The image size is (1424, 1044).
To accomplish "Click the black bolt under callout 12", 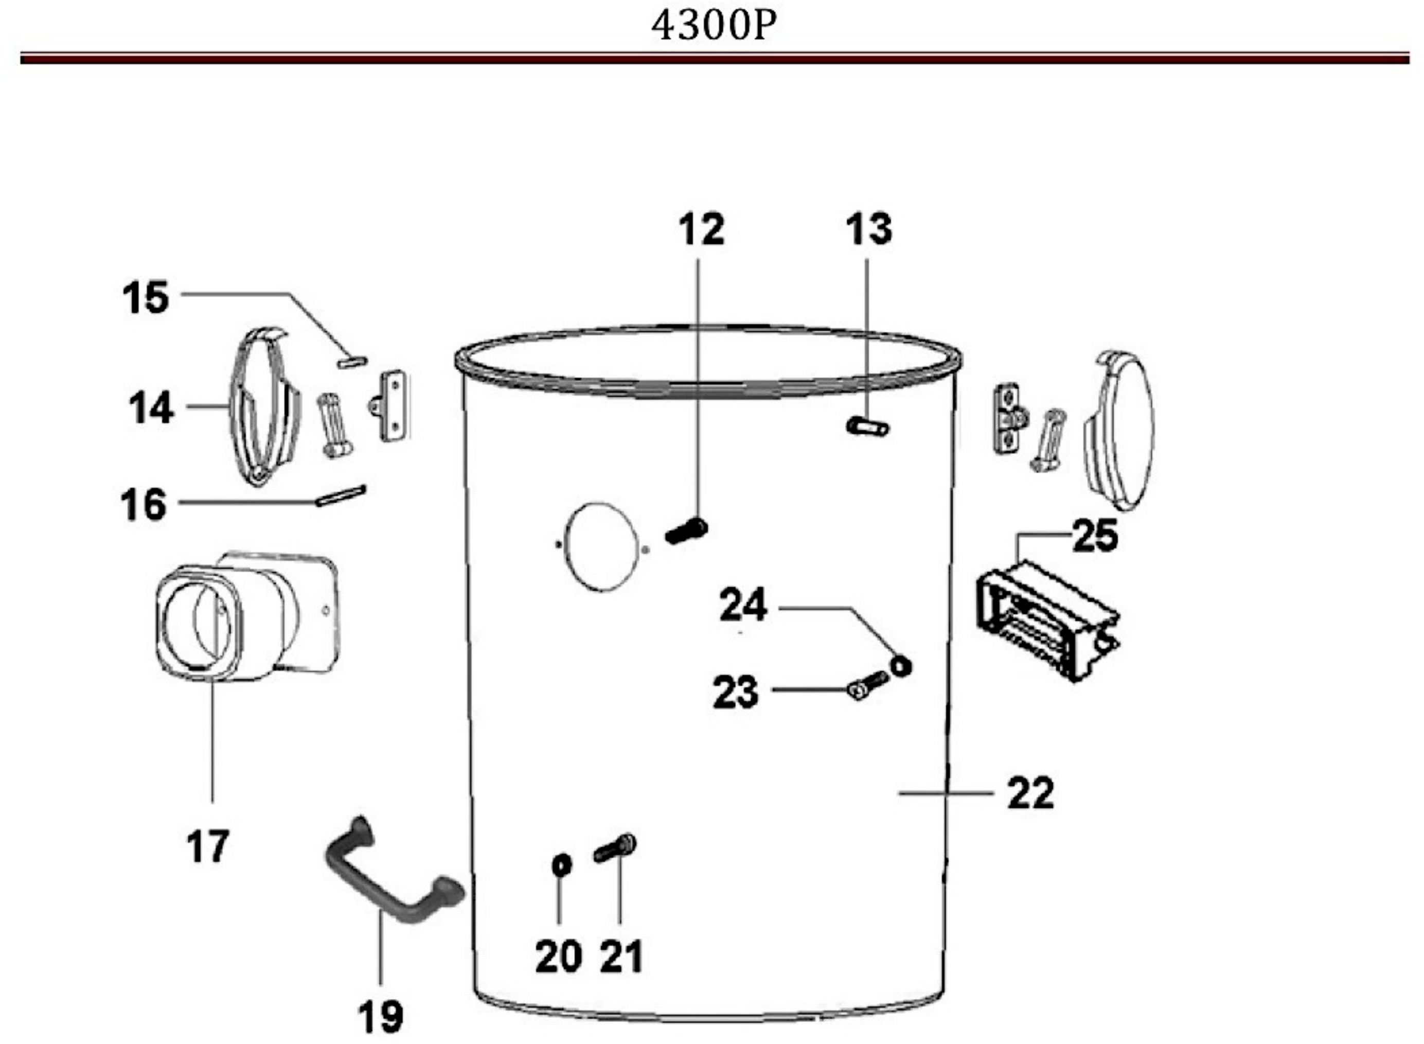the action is click(x=686, y=531).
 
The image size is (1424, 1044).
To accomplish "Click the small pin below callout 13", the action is click(x=867, y=427).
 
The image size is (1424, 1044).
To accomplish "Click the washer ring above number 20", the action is click(x=562, y=864).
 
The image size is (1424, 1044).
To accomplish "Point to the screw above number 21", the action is click(x=615, y=847).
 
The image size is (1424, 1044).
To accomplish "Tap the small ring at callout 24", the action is click(x=901, y=665).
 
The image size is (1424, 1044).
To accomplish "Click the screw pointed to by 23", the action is click(x=867, y=686).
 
